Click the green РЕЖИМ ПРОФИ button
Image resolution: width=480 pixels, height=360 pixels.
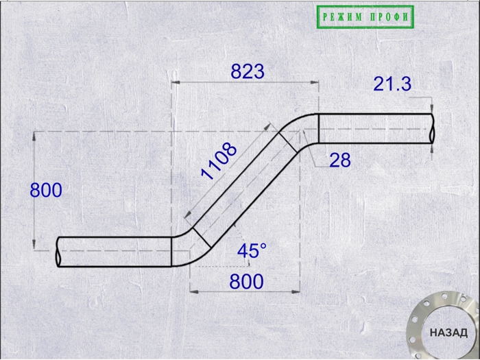(365, 17)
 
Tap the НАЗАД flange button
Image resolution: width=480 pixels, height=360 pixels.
(448, 333)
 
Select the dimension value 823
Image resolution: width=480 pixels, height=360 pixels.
(248, 72)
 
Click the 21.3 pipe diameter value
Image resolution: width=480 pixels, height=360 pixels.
(392, 84)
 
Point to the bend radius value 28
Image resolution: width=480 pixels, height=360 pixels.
(340, 160)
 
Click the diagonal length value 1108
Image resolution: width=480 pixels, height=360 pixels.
(219, 160)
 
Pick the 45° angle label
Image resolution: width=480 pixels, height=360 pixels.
(252, 251)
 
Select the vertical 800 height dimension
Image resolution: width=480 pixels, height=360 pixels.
(46, 190)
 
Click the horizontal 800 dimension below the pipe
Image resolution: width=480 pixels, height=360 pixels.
(246, 282)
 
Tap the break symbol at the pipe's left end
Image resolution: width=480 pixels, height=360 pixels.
(58, 252)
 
